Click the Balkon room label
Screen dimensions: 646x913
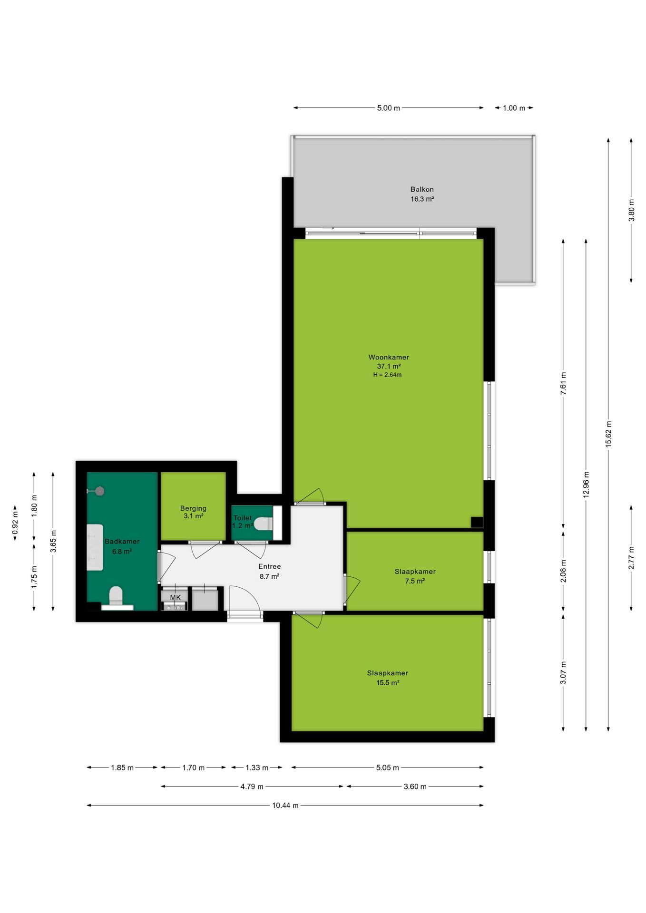422,189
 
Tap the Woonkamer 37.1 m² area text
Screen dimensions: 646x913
389,366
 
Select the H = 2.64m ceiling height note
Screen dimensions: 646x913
387,375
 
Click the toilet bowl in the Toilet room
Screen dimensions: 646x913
263,524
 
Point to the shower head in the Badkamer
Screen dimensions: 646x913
99,491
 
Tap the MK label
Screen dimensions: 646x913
176,597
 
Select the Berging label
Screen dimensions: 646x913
193,508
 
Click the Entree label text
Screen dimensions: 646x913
269,566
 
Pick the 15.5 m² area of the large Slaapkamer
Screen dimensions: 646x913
388,682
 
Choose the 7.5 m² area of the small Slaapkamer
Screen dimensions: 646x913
415,581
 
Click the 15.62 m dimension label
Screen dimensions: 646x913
608,434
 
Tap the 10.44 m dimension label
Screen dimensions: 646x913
285,805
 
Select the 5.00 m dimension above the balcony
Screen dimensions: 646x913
388,108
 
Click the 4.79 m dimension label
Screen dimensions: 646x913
252,787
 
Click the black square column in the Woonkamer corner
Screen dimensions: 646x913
477,522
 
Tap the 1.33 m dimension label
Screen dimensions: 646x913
257,767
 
